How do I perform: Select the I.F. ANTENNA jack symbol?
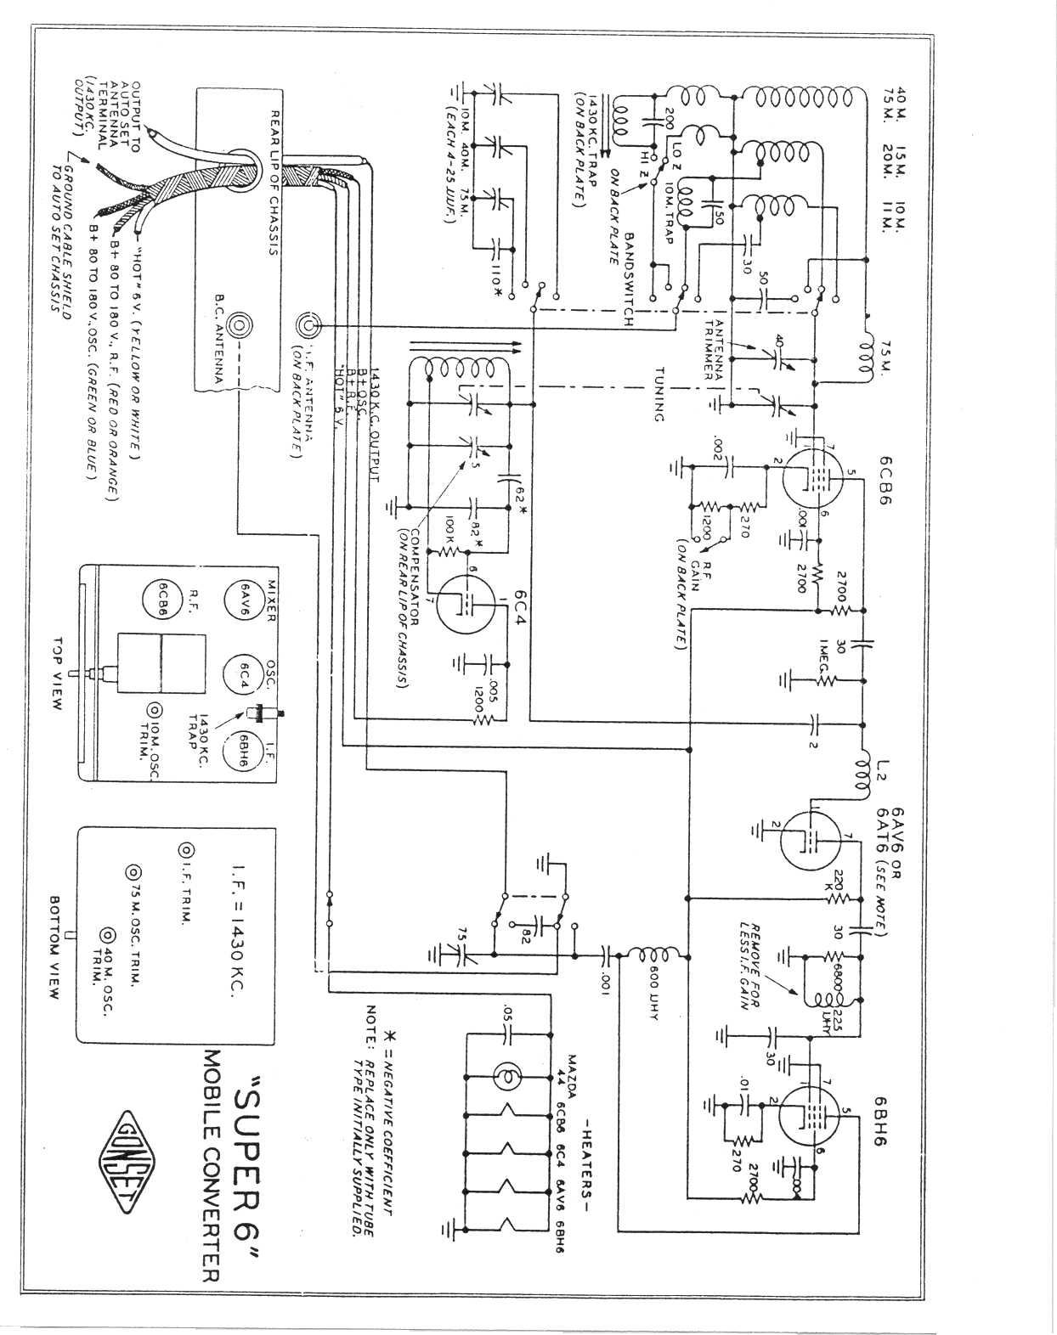pyautogui.click(x=308, y=325)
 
